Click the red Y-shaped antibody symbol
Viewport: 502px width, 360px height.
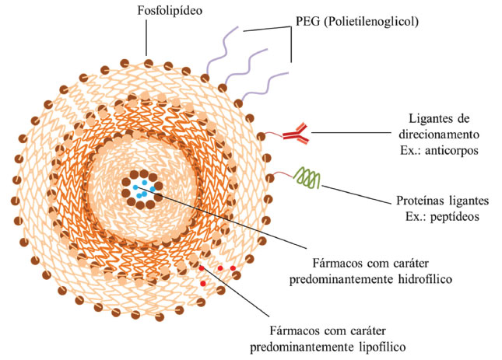[297, 134]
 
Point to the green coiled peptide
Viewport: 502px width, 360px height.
[306, 180]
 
